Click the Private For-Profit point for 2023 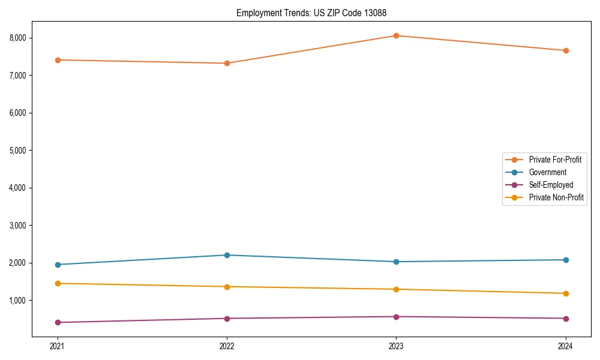396,35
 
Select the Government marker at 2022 227,255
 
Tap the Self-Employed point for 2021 58,322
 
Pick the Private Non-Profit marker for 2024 566,293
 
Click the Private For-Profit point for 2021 58,60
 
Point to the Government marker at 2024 566,260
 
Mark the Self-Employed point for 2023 396,317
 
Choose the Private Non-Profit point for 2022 227,287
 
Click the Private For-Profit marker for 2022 227,63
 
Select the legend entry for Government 547,172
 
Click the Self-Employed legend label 551,185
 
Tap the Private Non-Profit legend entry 556,197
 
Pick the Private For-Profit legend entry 555,160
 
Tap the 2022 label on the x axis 227,346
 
